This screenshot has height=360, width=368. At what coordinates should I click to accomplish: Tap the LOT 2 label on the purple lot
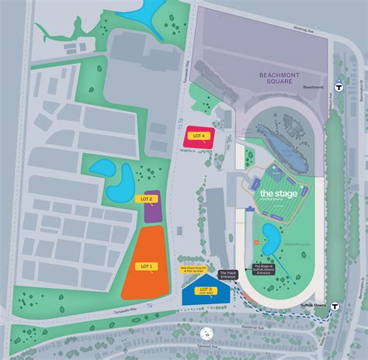point(148,199)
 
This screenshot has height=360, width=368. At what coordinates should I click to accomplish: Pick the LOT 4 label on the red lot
point(199,136)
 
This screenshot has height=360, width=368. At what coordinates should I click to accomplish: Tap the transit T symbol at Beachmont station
point(338,87)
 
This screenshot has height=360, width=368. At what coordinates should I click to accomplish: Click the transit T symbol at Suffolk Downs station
point(335,306)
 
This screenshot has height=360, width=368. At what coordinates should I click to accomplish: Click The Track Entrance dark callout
point(228,274)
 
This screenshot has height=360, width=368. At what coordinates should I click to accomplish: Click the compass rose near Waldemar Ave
point(207,333)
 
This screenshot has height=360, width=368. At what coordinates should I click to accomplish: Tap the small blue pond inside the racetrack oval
point(271,231)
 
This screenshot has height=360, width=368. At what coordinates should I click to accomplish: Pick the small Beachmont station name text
point(314,87)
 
